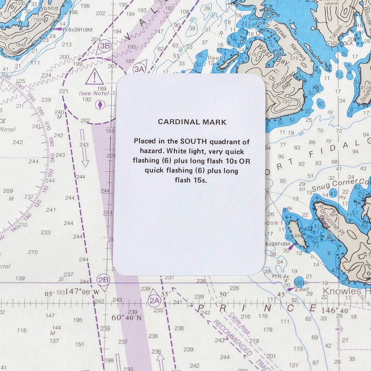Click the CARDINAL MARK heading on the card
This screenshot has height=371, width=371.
tap(192, 122)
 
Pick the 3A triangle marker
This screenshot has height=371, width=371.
tap(140, 67)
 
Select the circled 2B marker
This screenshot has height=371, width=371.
tap(104, 280)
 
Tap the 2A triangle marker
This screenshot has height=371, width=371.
tap(154, 299)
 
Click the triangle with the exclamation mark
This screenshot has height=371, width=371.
tap(95, 78)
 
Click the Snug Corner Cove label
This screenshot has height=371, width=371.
tap(341, 185)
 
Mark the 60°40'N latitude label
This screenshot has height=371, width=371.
tap(126, 318)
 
